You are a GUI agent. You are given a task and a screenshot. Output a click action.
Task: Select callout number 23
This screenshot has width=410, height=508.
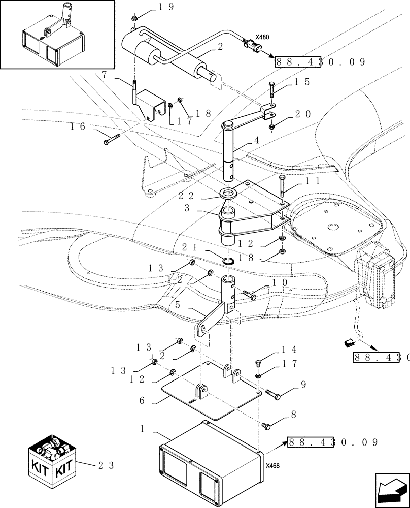(x=106, y=465)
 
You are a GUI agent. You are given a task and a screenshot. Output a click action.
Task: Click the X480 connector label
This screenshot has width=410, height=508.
(x=262, y=37)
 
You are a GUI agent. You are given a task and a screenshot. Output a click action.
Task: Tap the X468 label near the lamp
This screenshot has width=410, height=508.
(x=272, y=464)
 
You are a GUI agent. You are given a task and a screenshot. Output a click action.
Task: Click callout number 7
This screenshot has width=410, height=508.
(x=105, y=75)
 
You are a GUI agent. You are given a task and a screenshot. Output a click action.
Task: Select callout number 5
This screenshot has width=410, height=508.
(x=178, y=306)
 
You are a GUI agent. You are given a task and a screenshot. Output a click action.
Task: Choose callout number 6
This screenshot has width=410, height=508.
(x=143, y=400)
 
